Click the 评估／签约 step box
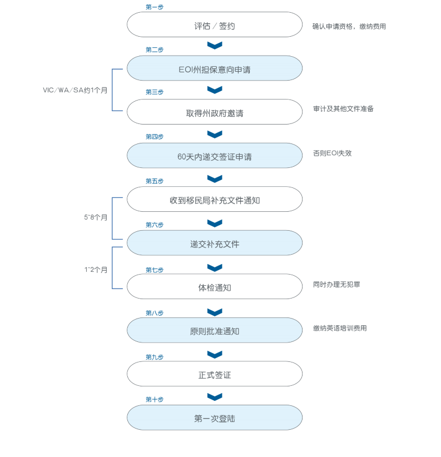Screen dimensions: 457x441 215,25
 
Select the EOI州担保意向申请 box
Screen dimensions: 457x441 215,69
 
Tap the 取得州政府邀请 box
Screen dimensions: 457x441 215,112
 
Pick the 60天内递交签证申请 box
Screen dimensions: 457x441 215,156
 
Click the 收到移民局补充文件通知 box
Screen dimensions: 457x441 215,200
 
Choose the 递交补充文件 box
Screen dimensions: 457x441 215,244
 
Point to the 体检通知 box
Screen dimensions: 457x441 215,287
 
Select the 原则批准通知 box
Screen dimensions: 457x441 215,331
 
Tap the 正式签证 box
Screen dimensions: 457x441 215,374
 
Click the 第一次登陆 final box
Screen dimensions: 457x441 215,418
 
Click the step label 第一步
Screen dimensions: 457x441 155,7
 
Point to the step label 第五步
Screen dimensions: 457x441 155,181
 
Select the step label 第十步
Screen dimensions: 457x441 155,399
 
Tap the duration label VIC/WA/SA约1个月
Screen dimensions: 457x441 75,90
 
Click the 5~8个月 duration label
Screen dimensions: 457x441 96,218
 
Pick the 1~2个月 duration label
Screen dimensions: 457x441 96,270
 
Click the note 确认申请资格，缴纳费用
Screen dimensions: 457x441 349,26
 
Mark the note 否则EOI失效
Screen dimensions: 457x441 333,153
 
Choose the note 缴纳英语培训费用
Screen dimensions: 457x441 340,328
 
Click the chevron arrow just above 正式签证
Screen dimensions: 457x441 215,354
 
